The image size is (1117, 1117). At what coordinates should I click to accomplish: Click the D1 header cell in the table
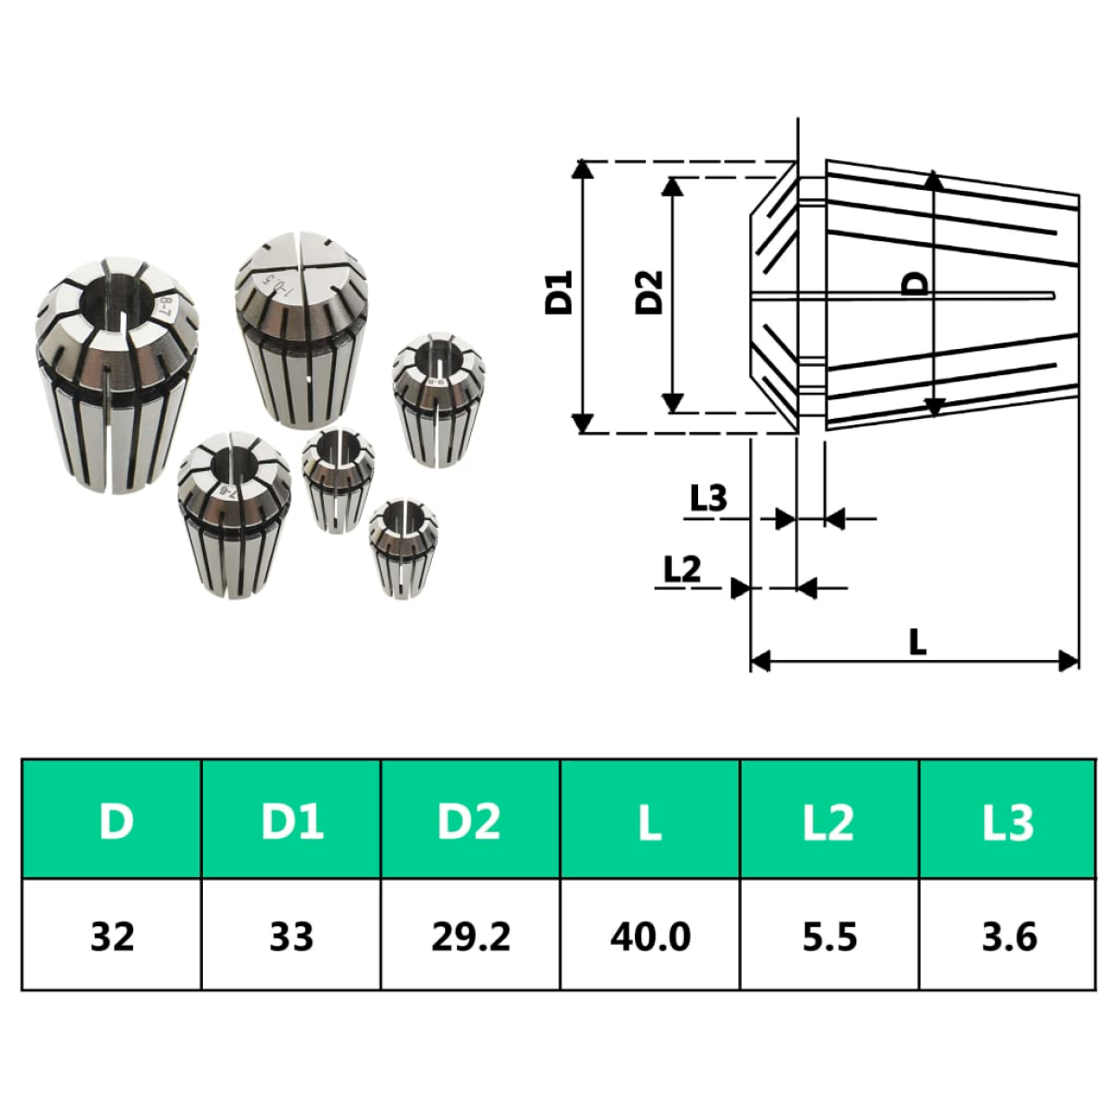point(291,820)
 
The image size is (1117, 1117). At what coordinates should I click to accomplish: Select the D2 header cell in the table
point(470,820)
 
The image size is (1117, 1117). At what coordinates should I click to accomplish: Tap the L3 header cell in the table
point(1007,820)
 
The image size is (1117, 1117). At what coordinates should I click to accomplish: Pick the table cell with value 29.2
point(470,936)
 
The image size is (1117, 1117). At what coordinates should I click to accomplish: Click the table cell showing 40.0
point(650,936)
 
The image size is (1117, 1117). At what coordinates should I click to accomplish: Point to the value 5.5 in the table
point(829,936)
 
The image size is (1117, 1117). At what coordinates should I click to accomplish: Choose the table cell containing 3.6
point(1007,936)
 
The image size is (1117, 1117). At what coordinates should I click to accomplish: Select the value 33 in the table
point(291,936)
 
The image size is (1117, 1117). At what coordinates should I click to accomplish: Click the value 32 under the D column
point(112,936)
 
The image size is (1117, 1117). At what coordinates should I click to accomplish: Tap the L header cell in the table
point(650,820)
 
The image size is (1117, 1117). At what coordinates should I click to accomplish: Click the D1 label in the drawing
point(558,292)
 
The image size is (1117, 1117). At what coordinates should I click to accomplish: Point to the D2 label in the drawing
point(649,292)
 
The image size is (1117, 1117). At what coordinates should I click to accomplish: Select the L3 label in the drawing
point(707,498)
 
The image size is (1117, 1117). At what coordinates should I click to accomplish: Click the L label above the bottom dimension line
point(917,641)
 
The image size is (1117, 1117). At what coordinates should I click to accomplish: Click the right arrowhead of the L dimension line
point(1069,661)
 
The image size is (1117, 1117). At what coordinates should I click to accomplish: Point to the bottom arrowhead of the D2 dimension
point(672,403)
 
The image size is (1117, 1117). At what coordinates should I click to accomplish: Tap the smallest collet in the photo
point(402,547)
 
